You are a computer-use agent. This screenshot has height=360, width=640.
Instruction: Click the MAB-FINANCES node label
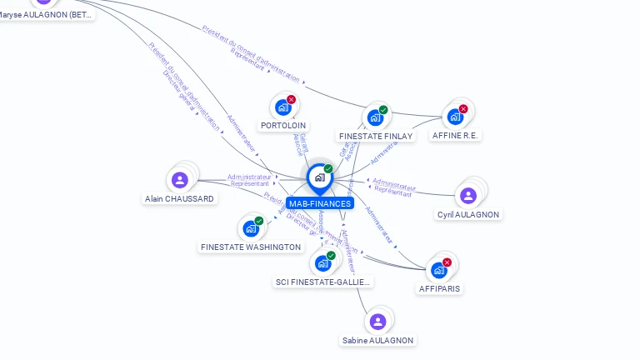coord(319,203)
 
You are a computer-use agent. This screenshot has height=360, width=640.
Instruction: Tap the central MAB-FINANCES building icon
coord(319,177)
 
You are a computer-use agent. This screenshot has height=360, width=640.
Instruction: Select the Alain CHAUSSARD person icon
coord(179,179)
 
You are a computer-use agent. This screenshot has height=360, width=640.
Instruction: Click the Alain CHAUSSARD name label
coord(179,199)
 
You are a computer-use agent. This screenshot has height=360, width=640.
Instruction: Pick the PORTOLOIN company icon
coord(284,107)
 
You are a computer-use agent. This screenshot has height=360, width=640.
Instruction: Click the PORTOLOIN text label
coord(282,126)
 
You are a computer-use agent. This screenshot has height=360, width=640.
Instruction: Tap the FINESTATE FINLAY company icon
coord(375,117)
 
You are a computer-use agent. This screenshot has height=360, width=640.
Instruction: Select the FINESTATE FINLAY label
coord(376,136)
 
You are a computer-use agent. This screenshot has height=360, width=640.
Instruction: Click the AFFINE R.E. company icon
coord(455,117)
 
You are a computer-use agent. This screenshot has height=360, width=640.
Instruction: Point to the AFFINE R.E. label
coord(456,135)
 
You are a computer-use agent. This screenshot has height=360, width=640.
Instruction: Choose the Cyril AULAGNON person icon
coord(467,196)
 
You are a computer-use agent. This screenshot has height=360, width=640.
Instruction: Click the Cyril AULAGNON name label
coord(468,215)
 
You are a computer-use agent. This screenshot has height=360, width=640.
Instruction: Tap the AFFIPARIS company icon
coord(439,270)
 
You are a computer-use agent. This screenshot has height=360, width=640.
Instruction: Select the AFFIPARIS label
coord(439,288)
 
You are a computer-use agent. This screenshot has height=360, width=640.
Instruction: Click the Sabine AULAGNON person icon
coord(377,322)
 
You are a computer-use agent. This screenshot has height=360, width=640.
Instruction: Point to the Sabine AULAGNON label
coord(377,340)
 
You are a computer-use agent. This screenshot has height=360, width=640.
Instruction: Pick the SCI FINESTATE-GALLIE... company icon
coord(322,263)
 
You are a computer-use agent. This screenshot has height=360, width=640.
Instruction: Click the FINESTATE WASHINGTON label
coord(251,247)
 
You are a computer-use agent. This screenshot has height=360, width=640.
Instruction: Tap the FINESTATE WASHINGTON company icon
coord(250,228)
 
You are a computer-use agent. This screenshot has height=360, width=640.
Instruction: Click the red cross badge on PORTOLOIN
coord(291,99)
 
